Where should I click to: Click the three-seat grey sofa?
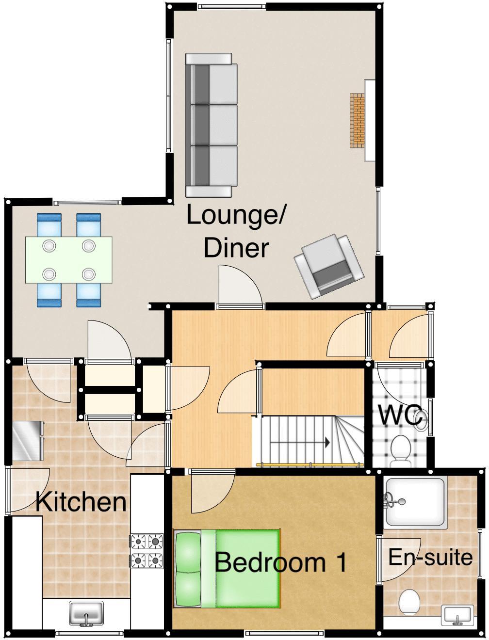coord(212,125)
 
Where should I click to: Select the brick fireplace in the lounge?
coord(358,120)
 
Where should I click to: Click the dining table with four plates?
coord(68,260)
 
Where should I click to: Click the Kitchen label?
coord(81,502)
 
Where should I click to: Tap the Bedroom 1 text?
coord(281,562)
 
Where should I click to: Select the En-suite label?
coord(430,557)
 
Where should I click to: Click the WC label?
coord(399,416)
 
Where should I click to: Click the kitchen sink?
coord(86,613)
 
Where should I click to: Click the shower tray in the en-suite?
coord(416,503)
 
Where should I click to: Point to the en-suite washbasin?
coord(457,615)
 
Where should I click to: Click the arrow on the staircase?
coord(327,442)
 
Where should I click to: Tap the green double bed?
coord(228,568)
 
